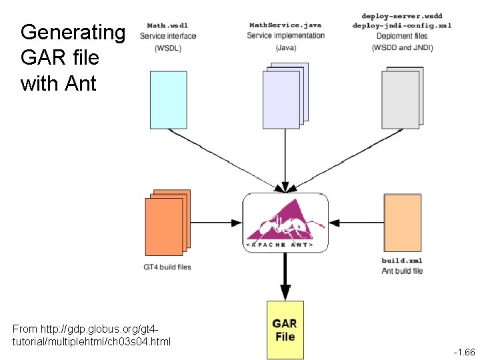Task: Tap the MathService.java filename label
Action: pos(285,25)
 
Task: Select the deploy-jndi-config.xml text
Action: pos(402,25)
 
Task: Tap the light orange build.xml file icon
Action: pos(403,221)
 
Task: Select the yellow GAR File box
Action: pos(285,329)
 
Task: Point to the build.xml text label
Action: pos(402,261)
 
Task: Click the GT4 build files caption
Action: pos(167,267)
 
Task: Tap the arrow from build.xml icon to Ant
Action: pos(357,222)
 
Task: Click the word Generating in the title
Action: pos(73,32)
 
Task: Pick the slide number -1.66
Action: pos(464,351)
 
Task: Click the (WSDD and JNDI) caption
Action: pos(403,47)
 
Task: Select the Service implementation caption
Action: pos(285,35)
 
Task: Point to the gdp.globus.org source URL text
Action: pos(87,329)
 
